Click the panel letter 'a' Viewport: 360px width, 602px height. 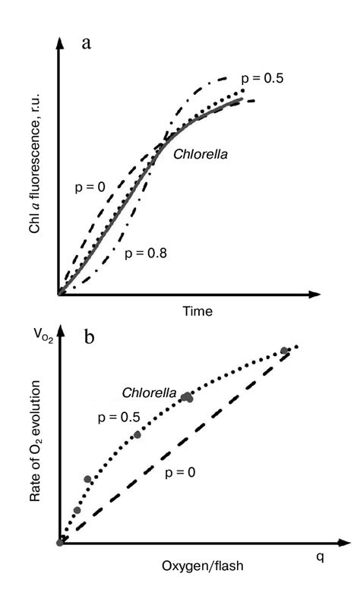click(x=87, y=43)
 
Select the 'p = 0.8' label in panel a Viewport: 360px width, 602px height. click(x=144, y=252)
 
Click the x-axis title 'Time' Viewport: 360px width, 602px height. click(x=197, y=311)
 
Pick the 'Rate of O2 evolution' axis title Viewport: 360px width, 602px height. click(x=35, y=462)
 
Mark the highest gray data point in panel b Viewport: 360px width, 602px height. click(x=284, y=351)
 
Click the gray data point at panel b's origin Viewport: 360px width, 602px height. click(x=59, y=542)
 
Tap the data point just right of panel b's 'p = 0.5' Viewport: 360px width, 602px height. click(x=137, y=435)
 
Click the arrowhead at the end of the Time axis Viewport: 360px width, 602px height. click(x=313, y=293)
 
